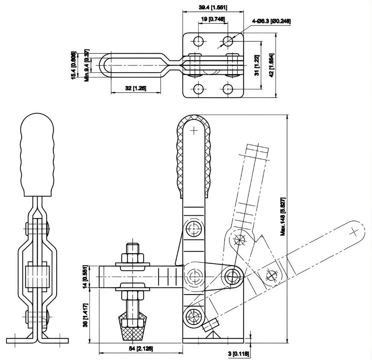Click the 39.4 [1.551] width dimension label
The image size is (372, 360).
click(x=213, y=7)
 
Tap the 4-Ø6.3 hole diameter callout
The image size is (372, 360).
click(x=271, y=21)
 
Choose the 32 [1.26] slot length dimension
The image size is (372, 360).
click(x=135, y=88)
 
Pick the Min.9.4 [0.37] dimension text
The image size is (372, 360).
click(x=87, y=65)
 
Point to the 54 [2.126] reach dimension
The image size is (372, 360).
click(x=141, y=348)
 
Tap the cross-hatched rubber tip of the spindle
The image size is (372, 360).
click(x=132, y=327)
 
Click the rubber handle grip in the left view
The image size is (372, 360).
click(x=37, y=154)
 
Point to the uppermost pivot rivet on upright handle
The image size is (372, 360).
click(x=194, y=227)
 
